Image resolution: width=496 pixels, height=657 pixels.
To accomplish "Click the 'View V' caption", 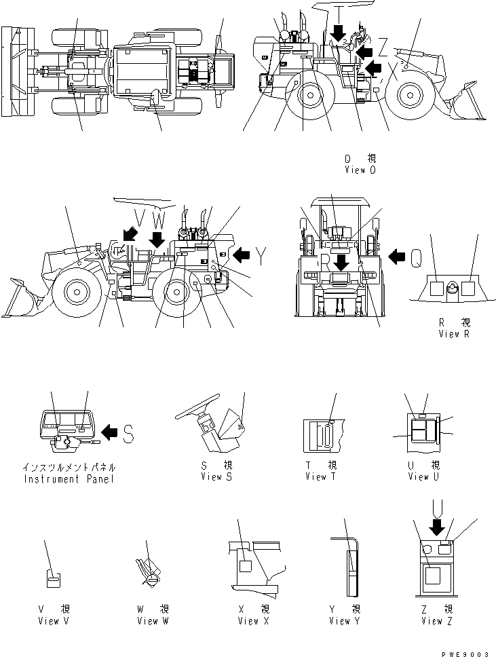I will pyautogui.click(x=52, y=621).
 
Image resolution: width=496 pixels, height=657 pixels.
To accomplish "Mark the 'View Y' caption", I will pyautogui.click(x=340, y=621).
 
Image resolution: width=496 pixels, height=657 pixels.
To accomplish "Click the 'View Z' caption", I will pyautogui.click(x=432, y=621).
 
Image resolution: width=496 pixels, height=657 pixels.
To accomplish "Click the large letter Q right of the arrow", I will pyautogui.click(x=419, y=256).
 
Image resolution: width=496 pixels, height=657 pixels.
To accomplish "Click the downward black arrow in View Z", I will pyautogui.click(x=436, y=526).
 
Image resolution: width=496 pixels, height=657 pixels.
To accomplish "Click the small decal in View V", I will pyautogui.click(x=52, y=578).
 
